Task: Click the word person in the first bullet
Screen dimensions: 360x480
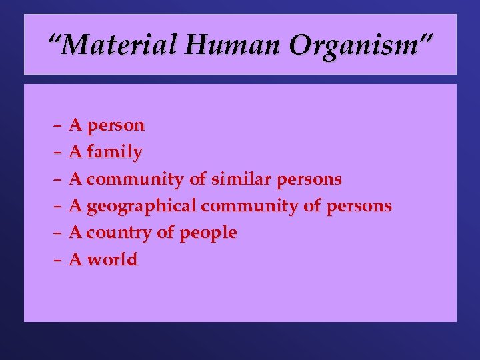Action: [115, 126]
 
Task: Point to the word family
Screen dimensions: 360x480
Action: [114, 153]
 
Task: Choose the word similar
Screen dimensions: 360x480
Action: [243, 179]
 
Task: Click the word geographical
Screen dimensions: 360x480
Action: [141, 206]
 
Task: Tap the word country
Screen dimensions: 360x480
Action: [117, 233]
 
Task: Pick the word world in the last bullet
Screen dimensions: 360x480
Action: [112, 259]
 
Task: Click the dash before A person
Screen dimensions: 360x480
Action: [58, 125]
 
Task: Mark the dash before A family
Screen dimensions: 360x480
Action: [58, 152]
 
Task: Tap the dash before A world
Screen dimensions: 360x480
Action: [58, 259]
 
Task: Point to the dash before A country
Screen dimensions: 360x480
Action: [58, 233]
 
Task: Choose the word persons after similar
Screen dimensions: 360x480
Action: [312, 179]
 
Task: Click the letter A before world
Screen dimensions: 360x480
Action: [76, 259]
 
